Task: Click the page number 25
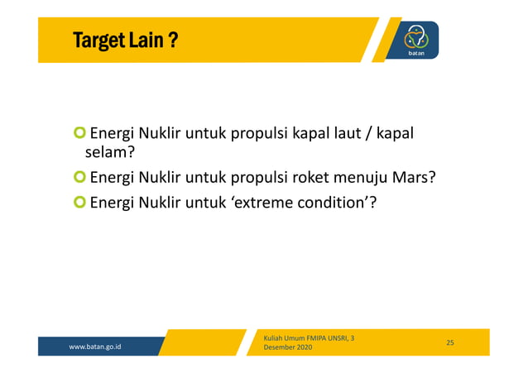[x=450, y=342]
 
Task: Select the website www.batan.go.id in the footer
[x=95, y=347]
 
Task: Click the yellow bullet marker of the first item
[x=79, y=133]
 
